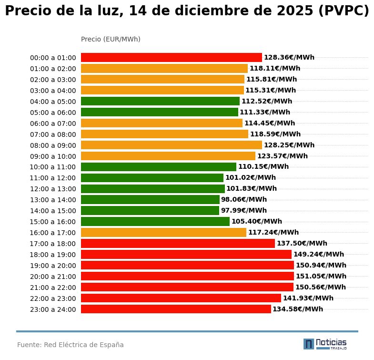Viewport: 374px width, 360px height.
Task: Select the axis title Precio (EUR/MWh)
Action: [x=111, y=39]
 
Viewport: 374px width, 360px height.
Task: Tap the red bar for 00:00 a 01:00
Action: [x=172, y=58]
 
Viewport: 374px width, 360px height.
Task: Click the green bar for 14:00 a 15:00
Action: [x=150, y=211]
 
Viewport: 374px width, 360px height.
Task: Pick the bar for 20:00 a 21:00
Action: [x=187, y=277]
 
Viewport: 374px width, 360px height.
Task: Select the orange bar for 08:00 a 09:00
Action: [x=172, y=145]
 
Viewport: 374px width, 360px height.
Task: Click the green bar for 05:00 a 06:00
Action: [x=160, y=113]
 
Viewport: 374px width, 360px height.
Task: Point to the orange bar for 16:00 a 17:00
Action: [x=163, y=233]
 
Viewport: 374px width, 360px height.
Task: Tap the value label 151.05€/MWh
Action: [x=321, y=277]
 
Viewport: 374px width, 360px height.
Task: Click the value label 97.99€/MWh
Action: [x=244, y=211]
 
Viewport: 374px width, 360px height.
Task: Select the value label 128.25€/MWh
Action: [x=289, y=145]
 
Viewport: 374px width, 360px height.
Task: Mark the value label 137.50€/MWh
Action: [x=302, y=244]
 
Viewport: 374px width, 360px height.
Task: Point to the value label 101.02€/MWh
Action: [x=251, y=178]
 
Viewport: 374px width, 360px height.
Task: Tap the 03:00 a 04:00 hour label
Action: [x=53, y=91]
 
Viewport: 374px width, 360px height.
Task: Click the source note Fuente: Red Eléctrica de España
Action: [x=71, y=345]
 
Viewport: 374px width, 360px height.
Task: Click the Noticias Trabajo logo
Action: [x=325, y=344]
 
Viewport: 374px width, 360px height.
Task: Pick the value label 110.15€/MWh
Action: [x=263, y=167]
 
